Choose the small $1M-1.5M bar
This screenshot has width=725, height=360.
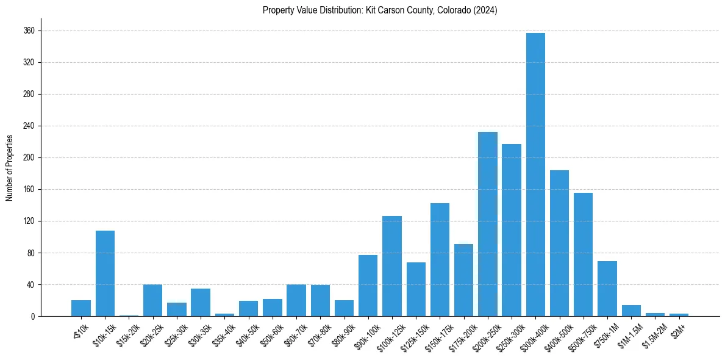[631, 311]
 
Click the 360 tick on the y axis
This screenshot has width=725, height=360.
[29, 31]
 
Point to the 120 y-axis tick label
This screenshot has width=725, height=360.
[29, 221]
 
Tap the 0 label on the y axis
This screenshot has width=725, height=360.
[32, 316]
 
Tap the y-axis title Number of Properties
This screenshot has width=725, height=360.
[9, 168]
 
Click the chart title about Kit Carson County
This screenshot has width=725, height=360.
[380, 10]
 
